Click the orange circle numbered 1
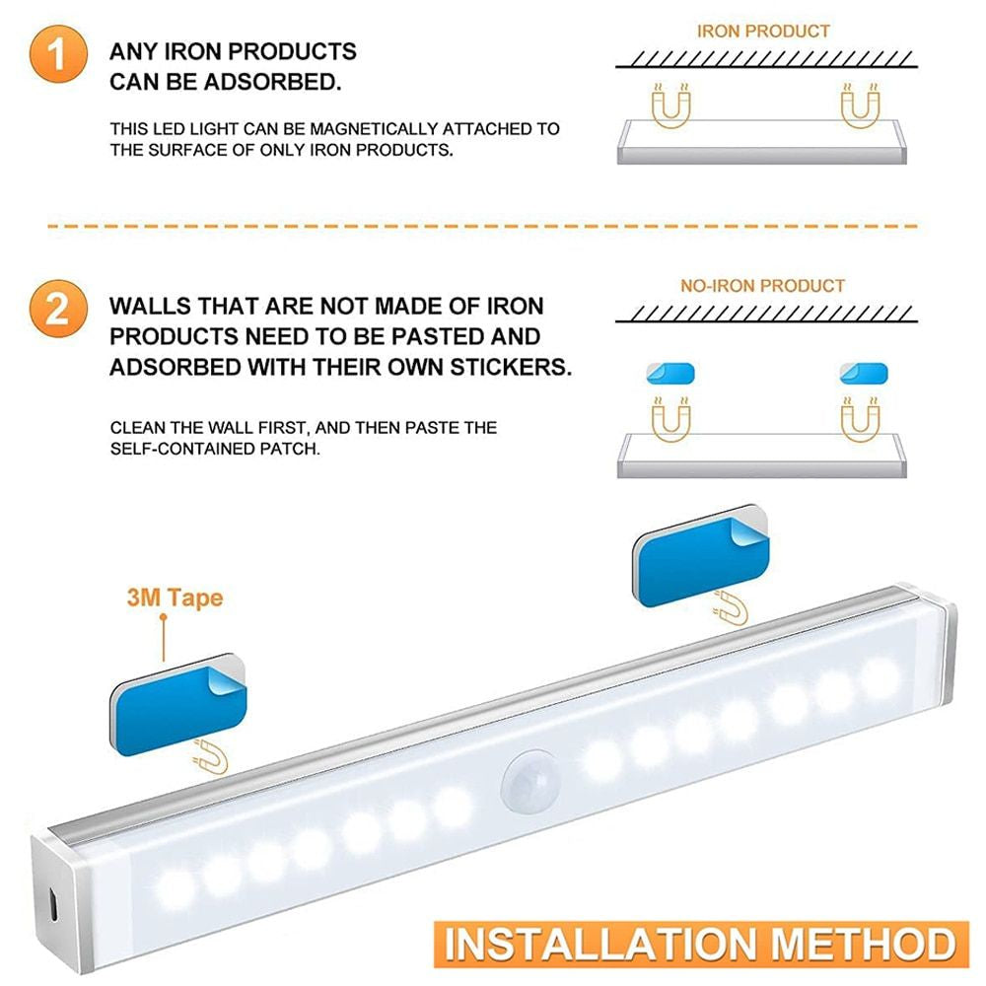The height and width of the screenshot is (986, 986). pos(58,54)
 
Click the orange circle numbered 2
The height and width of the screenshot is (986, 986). pos(58,309)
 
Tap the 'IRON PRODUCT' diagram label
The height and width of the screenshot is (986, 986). pos(763,32)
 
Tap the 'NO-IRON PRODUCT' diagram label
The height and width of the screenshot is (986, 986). pos(762,286)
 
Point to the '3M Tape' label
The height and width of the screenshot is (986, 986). pos(175,598)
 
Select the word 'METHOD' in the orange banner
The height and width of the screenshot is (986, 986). pos(864,945)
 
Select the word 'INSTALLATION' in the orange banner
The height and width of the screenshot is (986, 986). pos(600,945)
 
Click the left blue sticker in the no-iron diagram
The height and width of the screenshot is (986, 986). pos(670,374)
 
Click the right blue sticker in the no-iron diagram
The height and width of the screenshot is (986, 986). pos(864,374)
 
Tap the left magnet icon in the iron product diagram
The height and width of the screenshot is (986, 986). pos(670,106)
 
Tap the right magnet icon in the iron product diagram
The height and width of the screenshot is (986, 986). pos(860,106)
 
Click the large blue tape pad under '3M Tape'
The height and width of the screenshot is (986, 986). pos(178,704)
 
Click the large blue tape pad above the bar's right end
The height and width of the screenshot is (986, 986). pos(701,556)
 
